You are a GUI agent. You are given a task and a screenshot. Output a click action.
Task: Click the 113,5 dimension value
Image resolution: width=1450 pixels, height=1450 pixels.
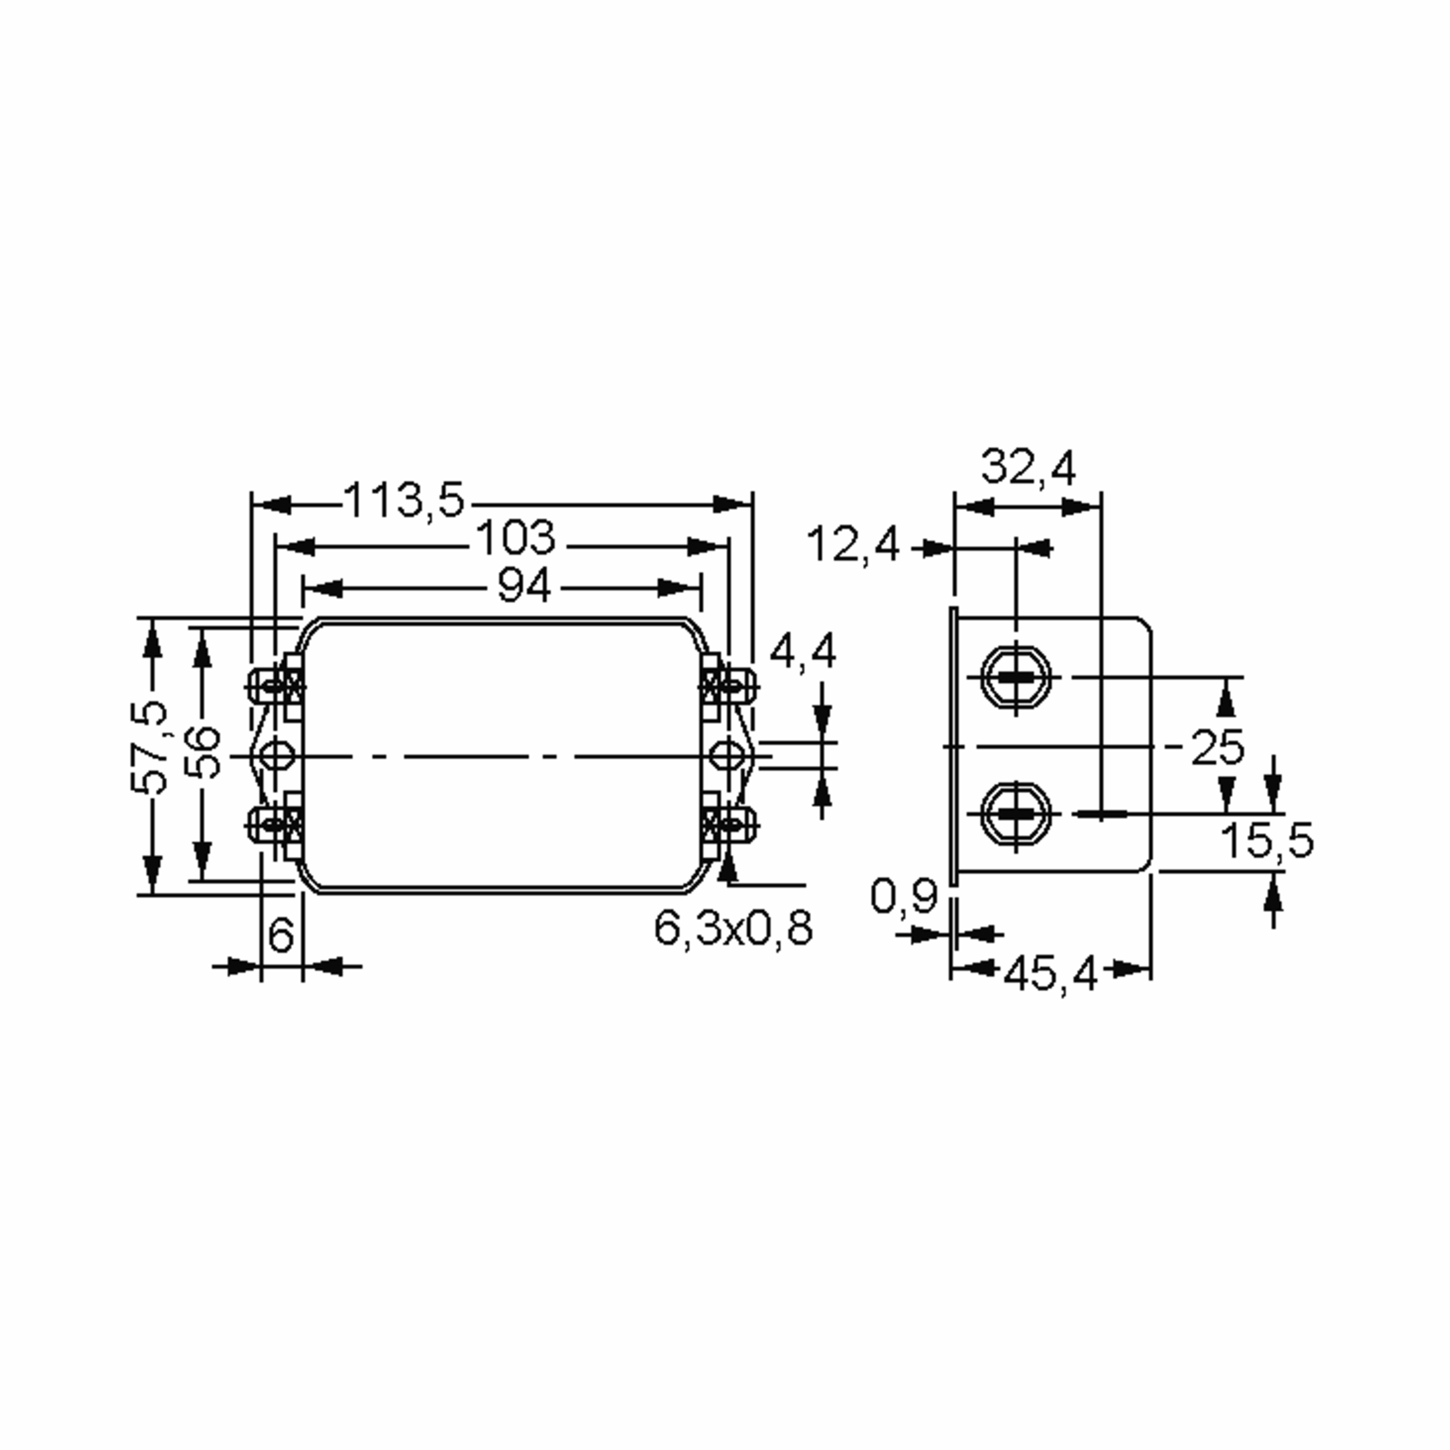pos(405,500)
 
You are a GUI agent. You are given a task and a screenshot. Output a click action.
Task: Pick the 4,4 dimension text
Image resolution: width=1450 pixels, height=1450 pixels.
pos(802,651)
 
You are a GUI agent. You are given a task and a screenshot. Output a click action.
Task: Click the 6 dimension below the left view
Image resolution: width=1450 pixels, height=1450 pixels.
pos(281,935)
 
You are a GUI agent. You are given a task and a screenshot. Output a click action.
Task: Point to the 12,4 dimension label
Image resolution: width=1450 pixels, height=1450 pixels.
pos(852,545)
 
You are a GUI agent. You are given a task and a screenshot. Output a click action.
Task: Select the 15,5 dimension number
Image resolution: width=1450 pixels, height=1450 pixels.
pos(1267,840)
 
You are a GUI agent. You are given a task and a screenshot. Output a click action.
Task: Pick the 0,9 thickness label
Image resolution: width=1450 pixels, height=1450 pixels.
pos(904,896)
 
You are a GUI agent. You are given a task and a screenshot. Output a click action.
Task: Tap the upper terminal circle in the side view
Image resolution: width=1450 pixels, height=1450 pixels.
pos(1016,677)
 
